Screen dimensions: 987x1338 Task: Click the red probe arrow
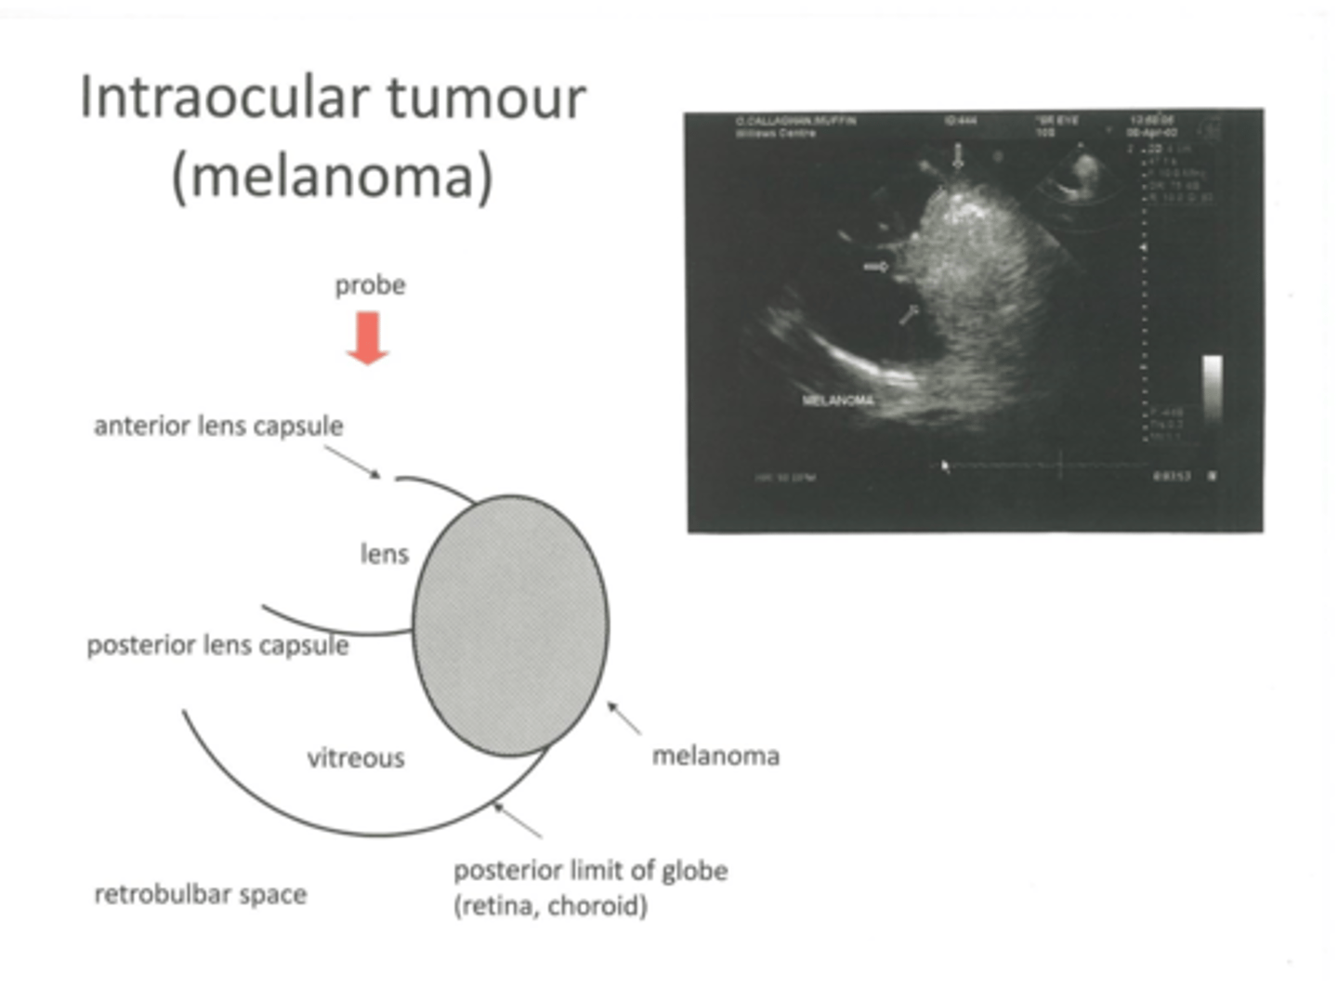368,337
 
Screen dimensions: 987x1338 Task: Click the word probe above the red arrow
370,284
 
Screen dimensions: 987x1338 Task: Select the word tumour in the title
486,97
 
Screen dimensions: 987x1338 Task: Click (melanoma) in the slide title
332,176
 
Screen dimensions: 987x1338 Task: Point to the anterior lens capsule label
218,426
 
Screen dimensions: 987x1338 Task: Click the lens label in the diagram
384,554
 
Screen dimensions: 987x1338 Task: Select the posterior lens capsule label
217,645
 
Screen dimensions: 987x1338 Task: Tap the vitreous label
356,758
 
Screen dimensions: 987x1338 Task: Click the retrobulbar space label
201,894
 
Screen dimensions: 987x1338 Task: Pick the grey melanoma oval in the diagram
510,625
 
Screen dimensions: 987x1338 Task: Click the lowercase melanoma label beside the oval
715,756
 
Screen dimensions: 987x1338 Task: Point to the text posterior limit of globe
590,871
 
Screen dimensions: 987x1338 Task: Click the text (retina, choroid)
550,905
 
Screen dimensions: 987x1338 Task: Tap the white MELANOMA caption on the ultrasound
838,401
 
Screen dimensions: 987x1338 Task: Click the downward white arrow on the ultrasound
958,157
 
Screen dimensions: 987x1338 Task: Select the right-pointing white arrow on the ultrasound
875,267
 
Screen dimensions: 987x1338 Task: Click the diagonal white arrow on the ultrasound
908,314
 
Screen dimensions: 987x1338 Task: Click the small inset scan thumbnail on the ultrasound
1081,177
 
